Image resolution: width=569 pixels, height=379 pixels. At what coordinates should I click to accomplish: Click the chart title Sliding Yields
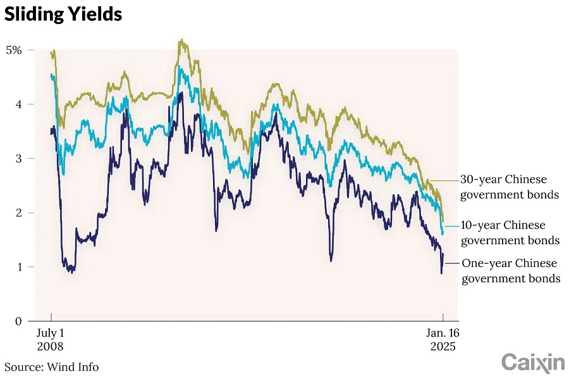63,14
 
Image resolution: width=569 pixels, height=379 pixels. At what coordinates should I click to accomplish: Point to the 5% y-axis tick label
14,49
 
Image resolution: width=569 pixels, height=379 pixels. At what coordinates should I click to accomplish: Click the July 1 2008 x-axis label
51,340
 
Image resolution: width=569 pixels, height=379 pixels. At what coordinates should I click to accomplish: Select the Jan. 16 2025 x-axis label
442,340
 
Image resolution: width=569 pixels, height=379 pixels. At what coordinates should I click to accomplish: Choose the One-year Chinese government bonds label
511,270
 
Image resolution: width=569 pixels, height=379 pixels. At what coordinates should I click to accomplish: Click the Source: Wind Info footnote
52,367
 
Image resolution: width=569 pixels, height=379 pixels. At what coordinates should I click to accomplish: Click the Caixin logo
532,363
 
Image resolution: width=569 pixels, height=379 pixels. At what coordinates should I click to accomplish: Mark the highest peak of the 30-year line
181,40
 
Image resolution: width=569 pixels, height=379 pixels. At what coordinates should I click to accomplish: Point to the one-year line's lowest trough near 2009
73,272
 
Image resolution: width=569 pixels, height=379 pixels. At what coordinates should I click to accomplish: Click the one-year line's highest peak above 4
181,93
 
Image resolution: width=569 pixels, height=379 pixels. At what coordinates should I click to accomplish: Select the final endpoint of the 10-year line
443,233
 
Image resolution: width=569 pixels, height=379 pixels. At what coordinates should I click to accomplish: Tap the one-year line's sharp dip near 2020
331,259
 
